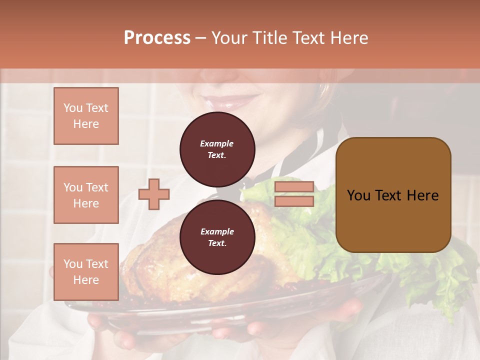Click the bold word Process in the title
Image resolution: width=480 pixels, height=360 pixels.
[x=157, y=38]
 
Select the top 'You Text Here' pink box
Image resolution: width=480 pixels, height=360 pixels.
[x=86, y=116]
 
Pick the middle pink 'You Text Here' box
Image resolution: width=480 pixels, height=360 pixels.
[x=86, y=195]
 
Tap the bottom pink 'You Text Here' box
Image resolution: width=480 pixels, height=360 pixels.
[x=86, y=272]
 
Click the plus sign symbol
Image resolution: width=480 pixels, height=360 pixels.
[x=154, y=194]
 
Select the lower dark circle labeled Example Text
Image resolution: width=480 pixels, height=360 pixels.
[x=217, y=237]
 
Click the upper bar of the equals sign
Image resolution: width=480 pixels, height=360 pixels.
[x=294, y=187]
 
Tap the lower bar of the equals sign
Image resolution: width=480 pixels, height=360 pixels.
[x=294, y=201]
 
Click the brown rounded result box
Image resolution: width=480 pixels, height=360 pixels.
[x=393, y=195]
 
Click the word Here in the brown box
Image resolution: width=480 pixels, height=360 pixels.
[x=422, y=195]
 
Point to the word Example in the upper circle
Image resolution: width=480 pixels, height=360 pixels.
[x=217, y=143]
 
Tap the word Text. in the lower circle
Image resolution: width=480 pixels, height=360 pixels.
[x=217, y=243]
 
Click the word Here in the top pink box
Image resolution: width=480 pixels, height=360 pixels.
[x=86, y=124]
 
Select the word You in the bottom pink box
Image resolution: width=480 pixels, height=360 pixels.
[x=73, y=264]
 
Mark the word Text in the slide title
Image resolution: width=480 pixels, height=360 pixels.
[x=310, y=38]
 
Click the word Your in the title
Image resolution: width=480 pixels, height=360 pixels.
[x=229, y=38]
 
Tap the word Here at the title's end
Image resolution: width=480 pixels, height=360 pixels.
[x=350, y=38]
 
